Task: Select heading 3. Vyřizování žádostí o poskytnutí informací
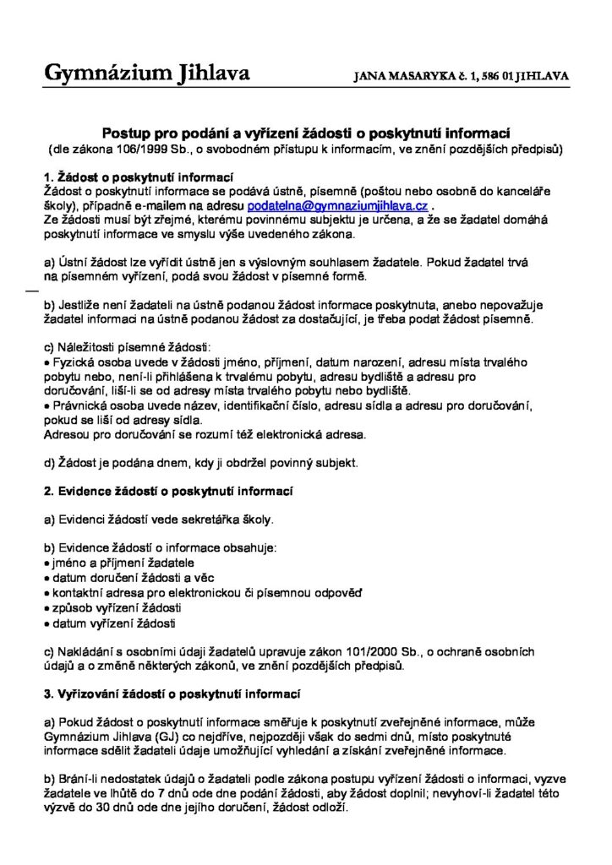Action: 172,694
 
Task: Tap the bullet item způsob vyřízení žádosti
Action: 117,608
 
